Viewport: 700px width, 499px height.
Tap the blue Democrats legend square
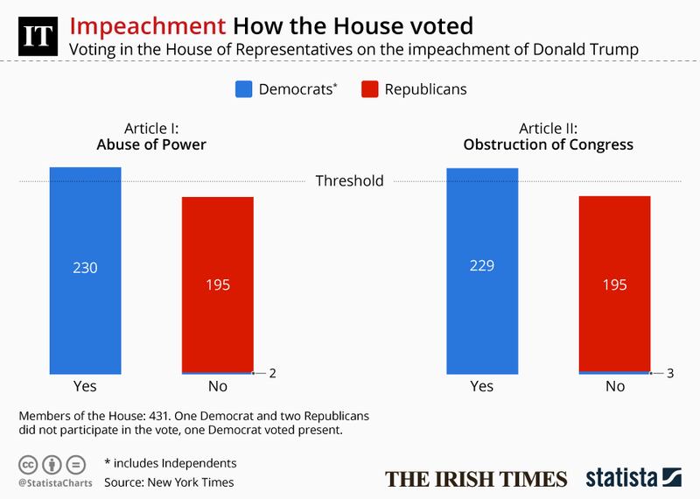(x=243, y=88)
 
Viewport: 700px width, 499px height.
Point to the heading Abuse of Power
(x=150, y=144)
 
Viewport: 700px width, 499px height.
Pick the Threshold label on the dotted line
(x=349, y=181)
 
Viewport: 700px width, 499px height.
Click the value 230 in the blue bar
(x=85, y=268)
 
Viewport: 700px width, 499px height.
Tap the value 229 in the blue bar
(x=482, y=268)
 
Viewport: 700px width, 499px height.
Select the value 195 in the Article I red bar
(x=218, y=285)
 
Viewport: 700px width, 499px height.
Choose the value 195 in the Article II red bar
(x=615, y=285)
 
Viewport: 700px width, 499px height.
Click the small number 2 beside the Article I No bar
(x=273, y=373)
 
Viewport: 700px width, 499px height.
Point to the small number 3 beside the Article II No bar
(x=670, y=373)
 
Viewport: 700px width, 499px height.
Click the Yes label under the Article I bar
(x=85, y=386)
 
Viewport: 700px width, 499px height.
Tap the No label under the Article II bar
(x=615, y=386)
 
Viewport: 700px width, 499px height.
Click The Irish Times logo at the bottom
(x=476, y=479)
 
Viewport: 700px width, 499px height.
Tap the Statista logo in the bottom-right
(x=632, y=478)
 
